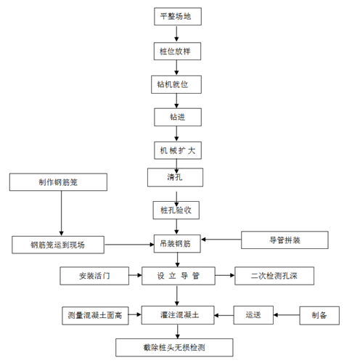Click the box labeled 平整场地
tap(175, 17)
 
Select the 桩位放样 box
tap(175, 52)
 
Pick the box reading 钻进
tap(175, 116)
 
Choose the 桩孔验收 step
tap(175, 210)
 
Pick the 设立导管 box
tap(175, 276)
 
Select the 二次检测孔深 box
tap(269, 276)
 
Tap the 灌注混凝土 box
tap(175, 316)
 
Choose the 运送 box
tap(253, 316)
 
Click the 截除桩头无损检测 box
tap(175, 348)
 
